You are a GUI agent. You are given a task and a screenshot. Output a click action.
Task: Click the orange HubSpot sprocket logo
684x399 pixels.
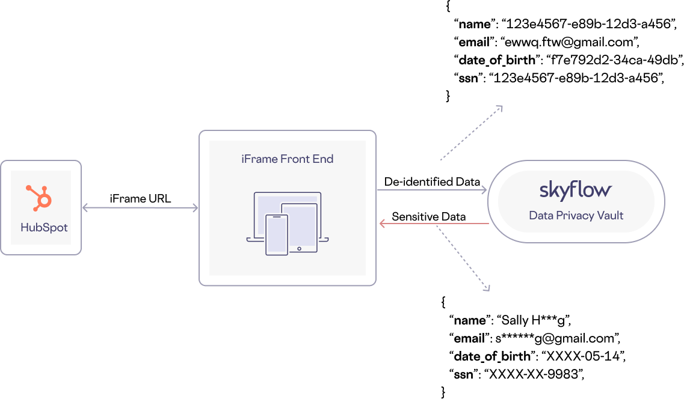click(40, 198)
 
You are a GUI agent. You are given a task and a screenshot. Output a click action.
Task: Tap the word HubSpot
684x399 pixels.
click(44, 228)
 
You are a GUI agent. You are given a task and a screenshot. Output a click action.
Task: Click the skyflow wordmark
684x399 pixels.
click(575, 190)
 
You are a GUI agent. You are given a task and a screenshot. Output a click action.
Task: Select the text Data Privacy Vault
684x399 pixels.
click(576, 215)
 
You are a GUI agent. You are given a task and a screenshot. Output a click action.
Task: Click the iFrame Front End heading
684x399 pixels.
click(287, 159)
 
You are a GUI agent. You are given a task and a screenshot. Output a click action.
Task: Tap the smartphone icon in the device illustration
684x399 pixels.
click(276, 234)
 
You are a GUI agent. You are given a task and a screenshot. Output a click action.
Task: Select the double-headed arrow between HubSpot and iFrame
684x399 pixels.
click(140, 208)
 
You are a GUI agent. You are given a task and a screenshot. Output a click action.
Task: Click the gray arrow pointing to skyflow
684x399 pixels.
click(431, 190)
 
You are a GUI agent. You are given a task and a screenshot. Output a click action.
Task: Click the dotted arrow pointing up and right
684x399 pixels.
click(471, 133)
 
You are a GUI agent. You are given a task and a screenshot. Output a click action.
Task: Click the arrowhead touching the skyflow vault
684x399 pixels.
click(484, 190)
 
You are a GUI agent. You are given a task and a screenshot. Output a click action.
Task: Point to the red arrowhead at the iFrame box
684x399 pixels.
click(383, 224)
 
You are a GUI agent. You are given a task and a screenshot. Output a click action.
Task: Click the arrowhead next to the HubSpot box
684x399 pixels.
click(85, 208)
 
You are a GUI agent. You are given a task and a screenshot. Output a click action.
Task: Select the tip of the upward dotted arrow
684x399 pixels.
click(500, 108)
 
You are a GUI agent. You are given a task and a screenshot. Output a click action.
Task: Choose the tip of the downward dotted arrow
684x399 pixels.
click(488, 289)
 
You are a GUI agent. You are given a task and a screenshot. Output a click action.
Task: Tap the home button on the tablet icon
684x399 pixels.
click(299, 248)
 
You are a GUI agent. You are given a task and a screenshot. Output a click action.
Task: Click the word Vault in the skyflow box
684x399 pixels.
click(611, 215)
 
